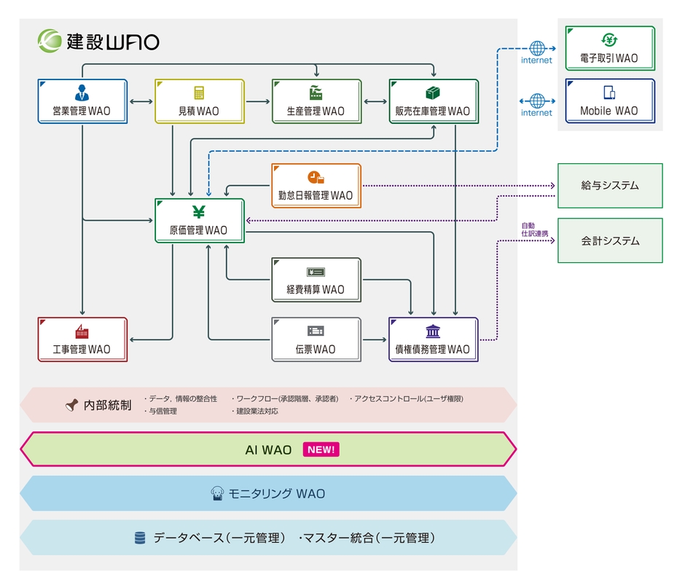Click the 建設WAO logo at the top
click(x=98, y=41)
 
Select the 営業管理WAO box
click(x=82, y=101)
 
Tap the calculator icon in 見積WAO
click(x=198, y=93)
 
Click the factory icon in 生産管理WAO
click(x=316, y=93)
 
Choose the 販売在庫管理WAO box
click(x=433, y=101)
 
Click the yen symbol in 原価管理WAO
click(x=198, y=212)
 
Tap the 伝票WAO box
click(x=316, y=340)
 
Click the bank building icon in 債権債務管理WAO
click(x=433, y=332)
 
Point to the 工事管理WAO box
click(x=82, y=340)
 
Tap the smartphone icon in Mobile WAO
click(x=609, y=93)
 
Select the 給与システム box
click(x=610, y=186)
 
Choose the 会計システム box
click(x=610, y=240)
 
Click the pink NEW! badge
click(x=321, y=450)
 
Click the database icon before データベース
click(x=140, y=538)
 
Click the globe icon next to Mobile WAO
click(x=537, y=101)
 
